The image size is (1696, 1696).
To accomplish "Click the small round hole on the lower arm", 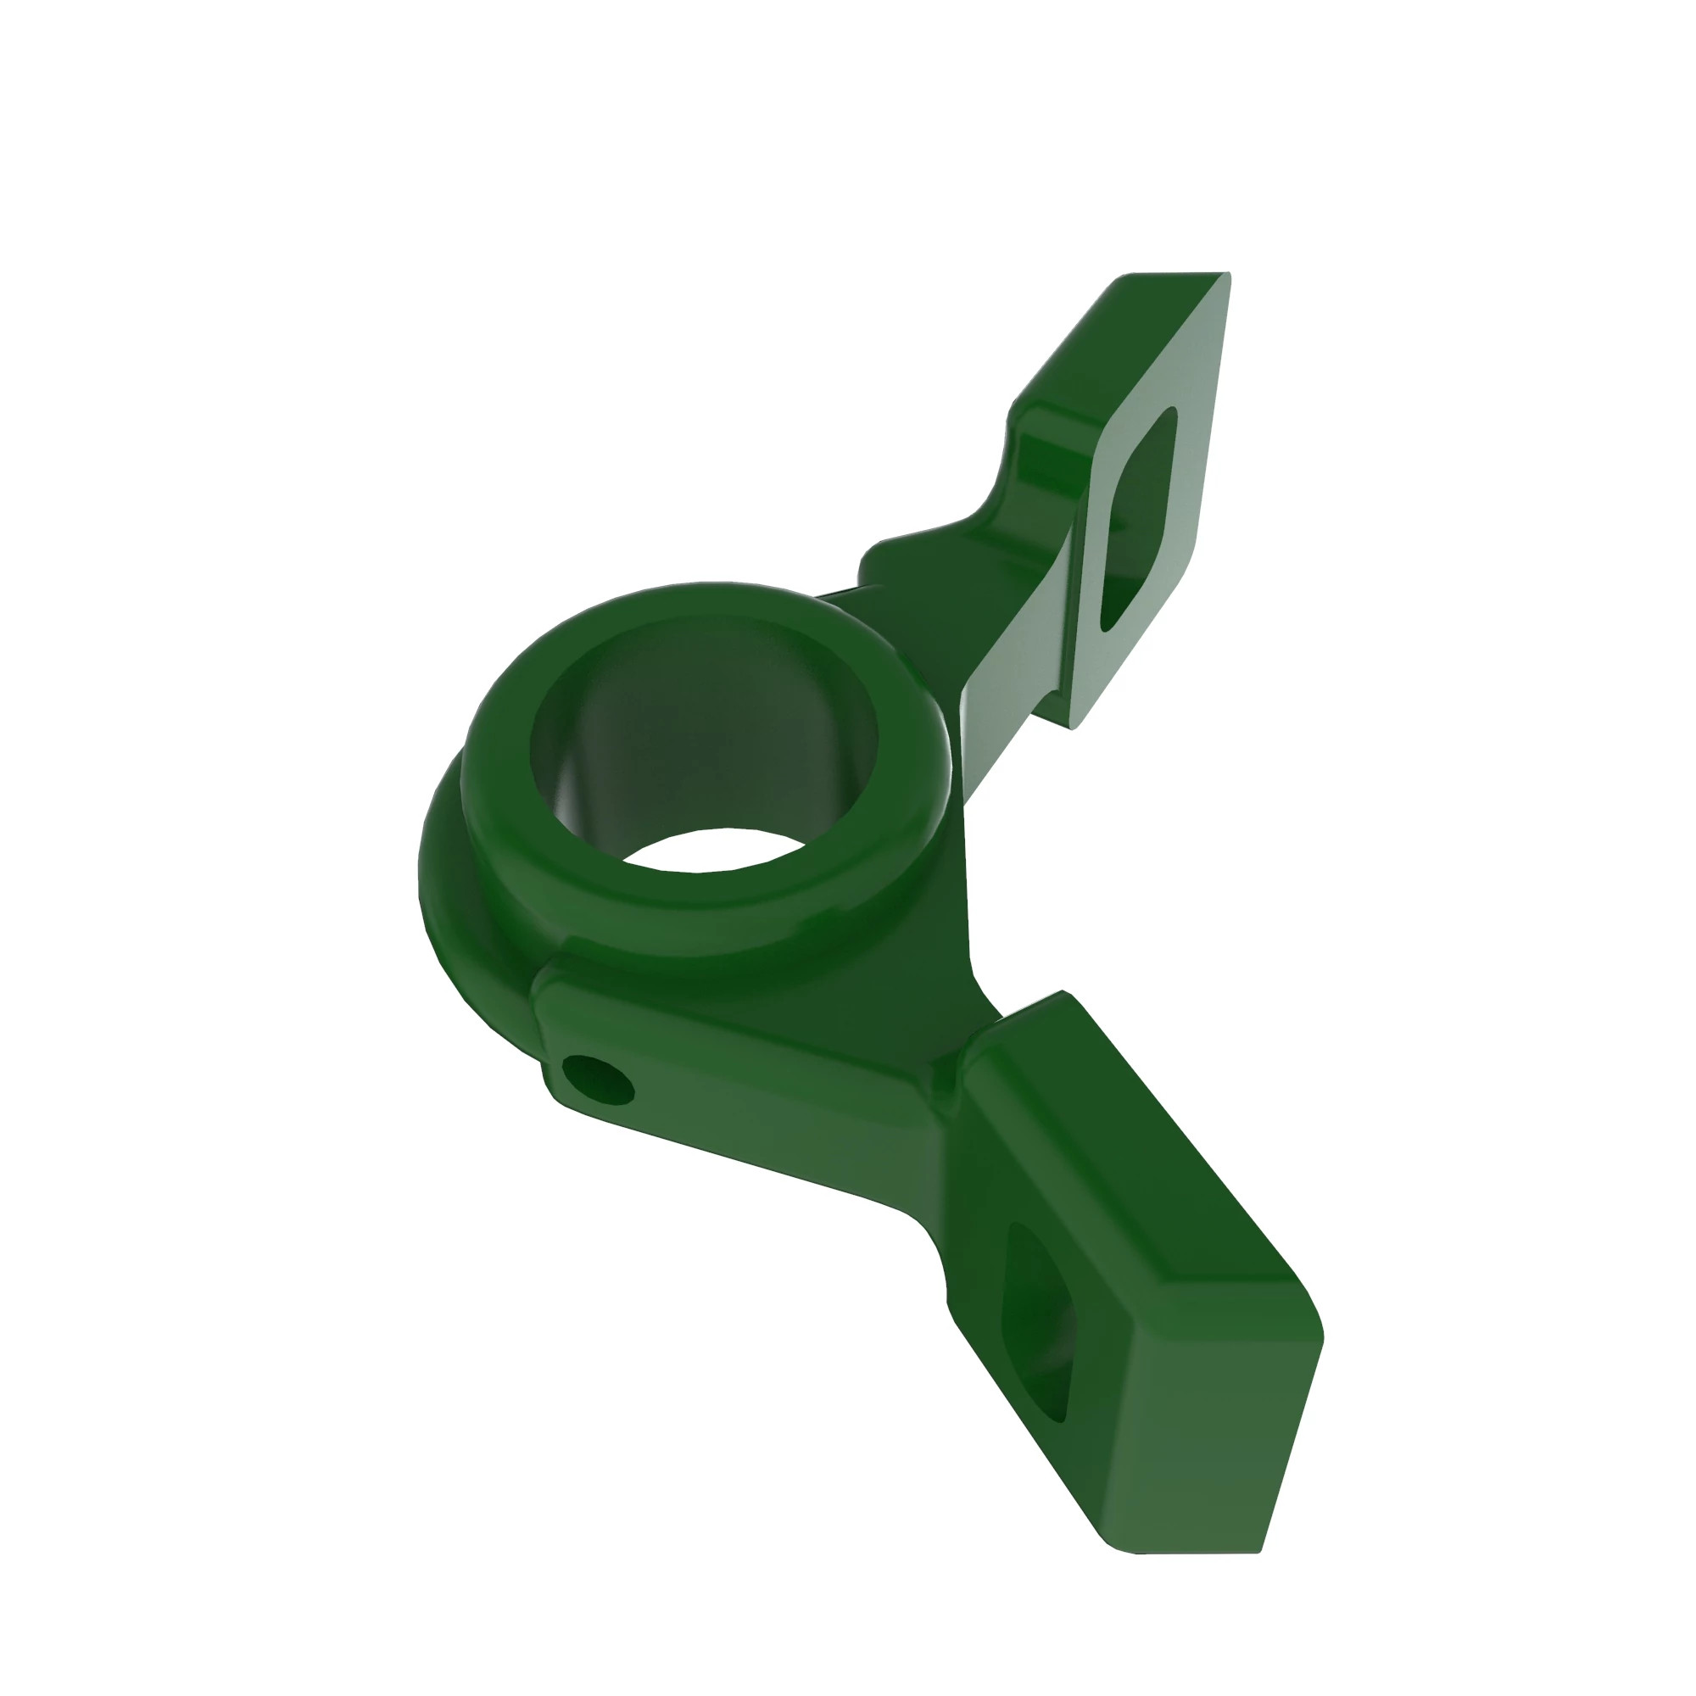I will point(598,1079).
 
